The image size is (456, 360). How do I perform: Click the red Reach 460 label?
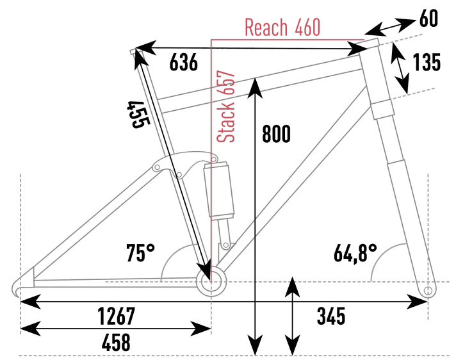(282, 28)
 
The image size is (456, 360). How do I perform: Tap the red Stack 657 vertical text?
(227, 107)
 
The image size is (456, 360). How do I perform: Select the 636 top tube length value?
(184, 63)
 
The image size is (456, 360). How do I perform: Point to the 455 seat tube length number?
(137, 115)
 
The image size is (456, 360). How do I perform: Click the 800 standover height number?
(276, 135)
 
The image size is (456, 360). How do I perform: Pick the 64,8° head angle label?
(354, 252)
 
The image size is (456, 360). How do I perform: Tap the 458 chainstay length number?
(115, 343)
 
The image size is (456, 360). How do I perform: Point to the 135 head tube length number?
(427, 63)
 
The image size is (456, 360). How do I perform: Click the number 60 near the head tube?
(430, 19)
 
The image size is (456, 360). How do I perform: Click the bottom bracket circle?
(211, 282)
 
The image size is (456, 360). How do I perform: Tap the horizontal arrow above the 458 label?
(115, 329)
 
